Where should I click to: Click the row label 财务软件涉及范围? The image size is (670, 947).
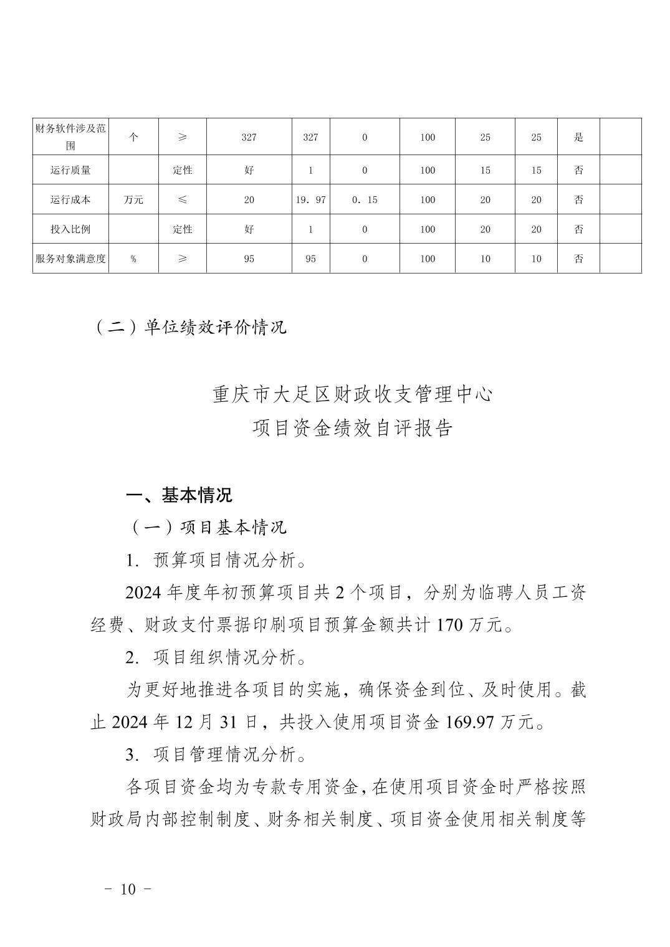[x=70, y=137]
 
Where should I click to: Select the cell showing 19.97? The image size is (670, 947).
[x=310, y=200]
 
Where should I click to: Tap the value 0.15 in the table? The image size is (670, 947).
[x=365, y=200]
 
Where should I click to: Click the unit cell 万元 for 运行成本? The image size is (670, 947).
[x=133, y=200]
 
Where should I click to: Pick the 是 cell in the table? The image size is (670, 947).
[x=578, y=137]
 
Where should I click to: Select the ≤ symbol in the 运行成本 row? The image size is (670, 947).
[x=182, y=200]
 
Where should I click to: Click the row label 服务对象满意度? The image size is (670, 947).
[x=70, y=259]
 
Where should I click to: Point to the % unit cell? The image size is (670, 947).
[x=133, y=259]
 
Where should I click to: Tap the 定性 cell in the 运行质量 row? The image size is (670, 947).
[x=182, y=170]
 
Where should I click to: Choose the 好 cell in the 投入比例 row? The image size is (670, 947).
[x=249, y=229]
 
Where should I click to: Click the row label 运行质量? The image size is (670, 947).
[x=70, y=170]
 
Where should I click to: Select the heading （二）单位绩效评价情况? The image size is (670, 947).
[x=190, y=327]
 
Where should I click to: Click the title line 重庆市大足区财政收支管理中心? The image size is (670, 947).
[x=353, y=395]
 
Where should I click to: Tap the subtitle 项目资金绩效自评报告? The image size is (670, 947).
[x=353, y=429]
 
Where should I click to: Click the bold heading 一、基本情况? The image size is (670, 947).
[x=179, y=495]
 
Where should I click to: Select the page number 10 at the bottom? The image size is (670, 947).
[x=128, y=889]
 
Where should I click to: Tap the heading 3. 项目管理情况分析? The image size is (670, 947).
[x=216, y=755]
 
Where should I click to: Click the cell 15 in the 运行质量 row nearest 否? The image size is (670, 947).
[x=536, y=170]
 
